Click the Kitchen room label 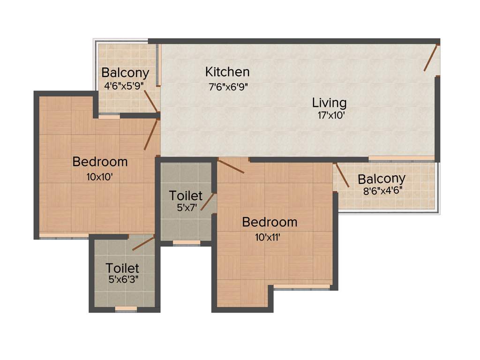click(227, 72)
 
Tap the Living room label click(330, 102)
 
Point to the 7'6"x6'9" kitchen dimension click(228, 86)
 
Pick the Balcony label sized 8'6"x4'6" click(382, 179)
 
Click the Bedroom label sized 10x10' click(100, 162)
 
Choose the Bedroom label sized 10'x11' click(270, 222)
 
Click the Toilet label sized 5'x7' click(186, 195)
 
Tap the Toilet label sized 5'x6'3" click(122, 268)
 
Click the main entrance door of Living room click(431, 58)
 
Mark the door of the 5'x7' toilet click(208, 202)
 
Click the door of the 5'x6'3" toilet click(143, 243)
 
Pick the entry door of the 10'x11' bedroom click(231, 166)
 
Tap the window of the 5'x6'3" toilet click(126, 308)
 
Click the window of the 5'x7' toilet click(187, 242)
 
